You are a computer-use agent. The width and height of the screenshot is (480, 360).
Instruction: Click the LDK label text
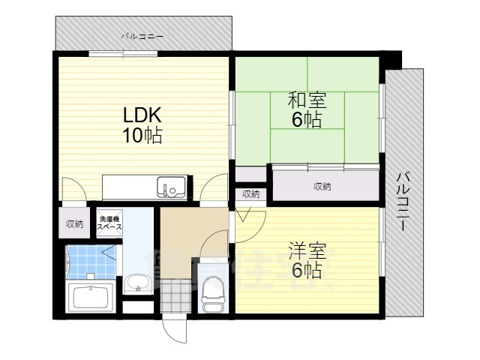[142, 117]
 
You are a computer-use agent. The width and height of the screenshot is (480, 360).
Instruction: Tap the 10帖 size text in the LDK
[142, 136]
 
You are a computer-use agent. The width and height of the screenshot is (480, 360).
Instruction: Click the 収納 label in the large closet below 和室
[322, 186]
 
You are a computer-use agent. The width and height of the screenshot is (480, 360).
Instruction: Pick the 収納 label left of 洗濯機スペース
[73, 223]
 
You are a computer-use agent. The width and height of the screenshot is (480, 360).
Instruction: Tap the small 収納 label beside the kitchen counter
[250, 194]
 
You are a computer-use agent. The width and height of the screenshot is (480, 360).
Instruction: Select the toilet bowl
[212, 289]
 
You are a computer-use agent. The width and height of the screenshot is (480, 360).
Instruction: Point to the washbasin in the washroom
[136, 284]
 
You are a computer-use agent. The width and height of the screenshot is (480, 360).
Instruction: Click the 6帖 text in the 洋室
[306, 271]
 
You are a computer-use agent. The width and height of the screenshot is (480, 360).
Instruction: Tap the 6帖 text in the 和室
[306, 119]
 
